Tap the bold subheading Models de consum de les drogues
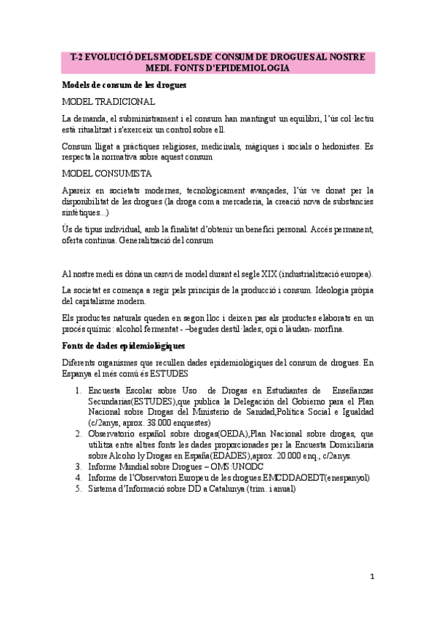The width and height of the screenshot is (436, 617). click(x=124, y=85)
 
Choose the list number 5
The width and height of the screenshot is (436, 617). click(x=79, y=489)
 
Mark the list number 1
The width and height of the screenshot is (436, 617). click(x=79, y=391)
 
